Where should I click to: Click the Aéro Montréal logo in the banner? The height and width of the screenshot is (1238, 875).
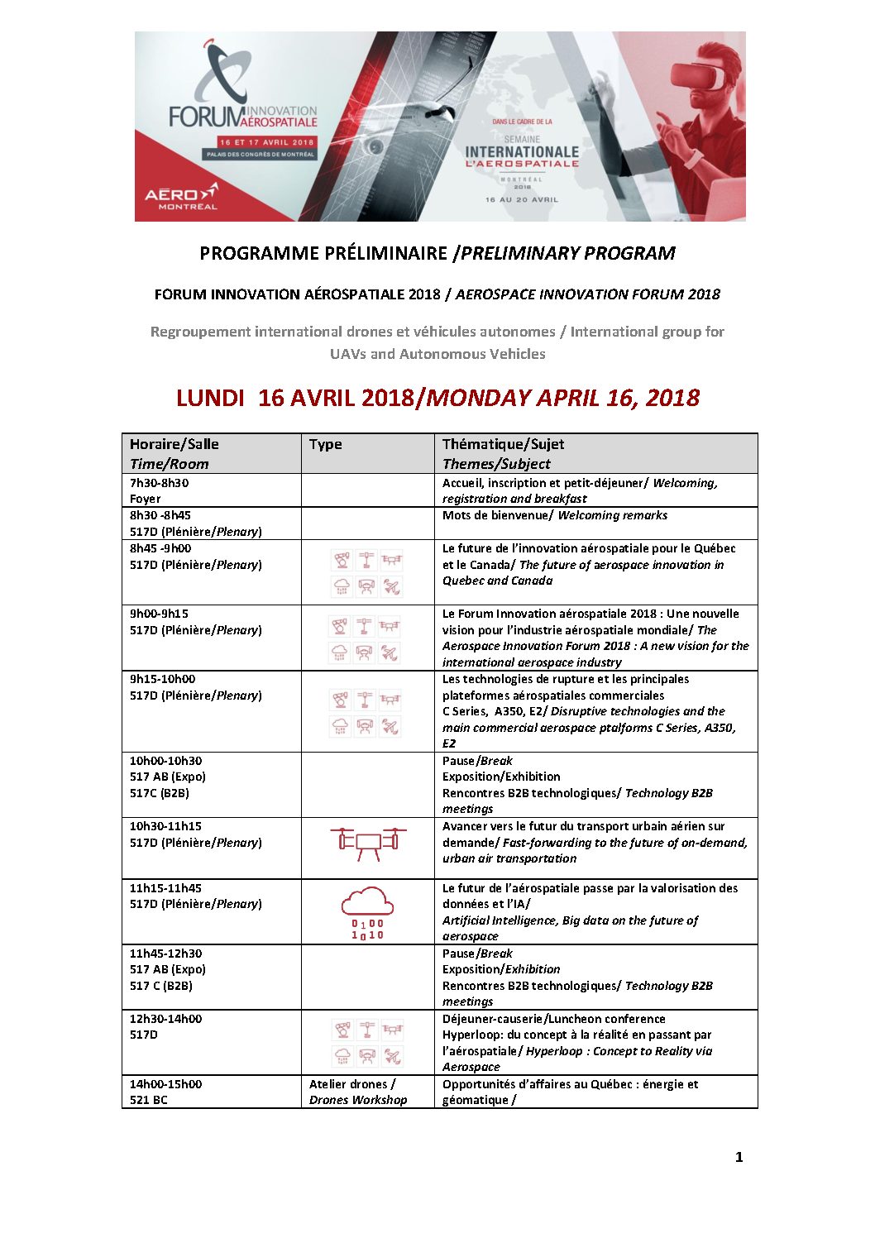[x=181, y=196]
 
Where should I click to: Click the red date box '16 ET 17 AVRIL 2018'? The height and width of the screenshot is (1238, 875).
[x=266, y=142]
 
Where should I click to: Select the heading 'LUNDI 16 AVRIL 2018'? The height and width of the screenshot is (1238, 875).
[x=294, y=398]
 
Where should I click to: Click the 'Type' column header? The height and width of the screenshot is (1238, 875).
[x=325, y=444]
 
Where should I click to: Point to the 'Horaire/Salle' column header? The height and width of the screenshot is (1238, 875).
[x=174, y=444]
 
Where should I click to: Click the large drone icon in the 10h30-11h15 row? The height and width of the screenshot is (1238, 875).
[x=368, y=842]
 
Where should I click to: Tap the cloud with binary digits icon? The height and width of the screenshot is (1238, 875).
[x=367, y=912]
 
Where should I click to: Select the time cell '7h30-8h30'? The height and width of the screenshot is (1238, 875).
[x=159, y=483]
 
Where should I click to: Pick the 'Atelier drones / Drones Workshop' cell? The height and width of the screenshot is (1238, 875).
[x=358, y=1092]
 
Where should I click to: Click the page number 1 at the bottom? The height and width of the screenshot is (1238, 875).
[x=739, y=1157]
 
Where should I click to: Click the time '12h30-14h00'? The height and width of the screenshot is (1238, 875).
[x=165, y=1019]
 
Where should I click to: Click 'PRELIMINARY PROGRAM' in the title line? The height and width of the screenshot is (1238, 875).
[x=568, y=253]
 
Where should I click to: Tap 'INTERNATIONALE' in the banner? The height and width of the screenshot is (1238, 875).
[x=522, y=152]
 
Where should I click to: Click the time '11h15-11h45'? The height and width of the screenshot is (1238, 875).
[x=165, y=888]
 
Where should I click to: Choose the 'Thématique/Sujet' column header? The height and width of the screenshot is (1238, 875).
[x=503, y=444]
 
